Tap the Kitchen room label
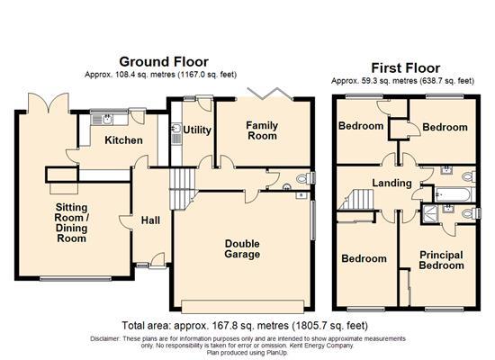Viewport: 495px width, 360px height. point(123,140)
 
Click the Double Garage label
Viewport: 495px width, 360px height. point(242,248)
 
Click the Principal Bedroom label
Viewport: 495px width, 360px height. point(441,260)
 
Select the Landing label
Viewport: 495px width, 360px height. point(394,184)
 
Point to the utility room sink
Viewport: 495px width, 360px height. point(175,137)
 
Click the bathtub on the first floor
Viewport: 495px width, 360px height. point(452,192)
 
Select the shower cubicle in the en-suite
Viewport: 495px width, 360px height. point(441,212)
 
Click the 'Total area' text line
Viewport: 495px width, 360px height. point(245,325)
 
